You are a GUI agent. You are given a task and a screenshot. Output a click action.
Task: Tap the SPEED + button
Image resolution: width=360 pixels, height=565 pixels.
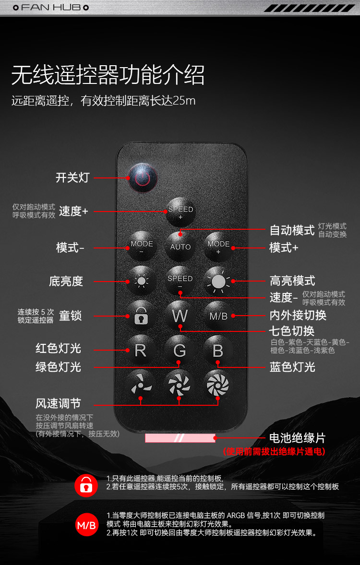180,212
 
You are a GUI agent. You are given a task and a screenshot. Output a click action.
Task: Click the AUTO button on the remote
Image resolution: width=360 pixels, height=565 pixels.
180,247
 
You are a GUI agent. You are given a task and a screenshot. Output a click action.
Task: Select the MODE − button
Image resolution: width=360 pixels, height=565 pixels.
142,247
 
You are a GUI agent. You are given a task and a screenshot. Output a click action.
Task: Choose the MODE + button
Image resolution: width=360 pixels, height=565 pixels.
218,247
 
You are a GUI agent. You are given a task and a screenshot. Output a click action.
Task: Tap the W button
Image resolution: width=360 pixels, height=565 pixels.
180,316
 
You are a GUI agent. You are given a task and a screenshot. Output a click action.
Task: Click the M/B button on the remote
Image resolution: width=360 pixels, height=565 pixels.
218,316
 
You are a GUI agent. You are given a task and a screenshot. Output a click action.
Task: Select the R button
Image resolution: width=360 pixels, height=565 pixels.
141,350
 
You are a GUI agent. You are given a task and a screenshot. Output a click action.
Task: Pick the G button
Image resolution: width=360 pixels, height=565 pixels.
179,350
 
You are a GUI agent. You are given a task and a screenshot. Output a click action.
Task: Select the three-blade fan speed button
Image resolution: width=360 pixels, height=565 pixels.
141,385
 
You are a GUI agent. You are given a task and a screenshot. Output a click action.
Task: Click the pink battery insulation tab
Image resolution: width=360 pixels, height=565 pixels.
180,438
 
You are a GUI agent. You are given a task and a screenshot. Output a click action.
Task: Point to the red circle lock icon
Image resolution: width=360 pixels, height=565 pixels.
86,485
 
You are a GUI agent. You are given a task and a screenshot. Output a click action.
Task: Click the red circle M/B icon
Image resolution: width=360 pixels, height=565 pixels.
86,525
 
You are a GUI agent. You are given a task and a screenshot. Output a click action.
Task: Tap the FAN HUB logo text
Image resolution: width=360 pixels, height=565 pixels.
51,7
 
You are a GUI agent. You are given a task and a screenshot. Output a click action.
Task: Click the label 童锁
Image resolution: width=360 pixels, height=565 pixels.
71,316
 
